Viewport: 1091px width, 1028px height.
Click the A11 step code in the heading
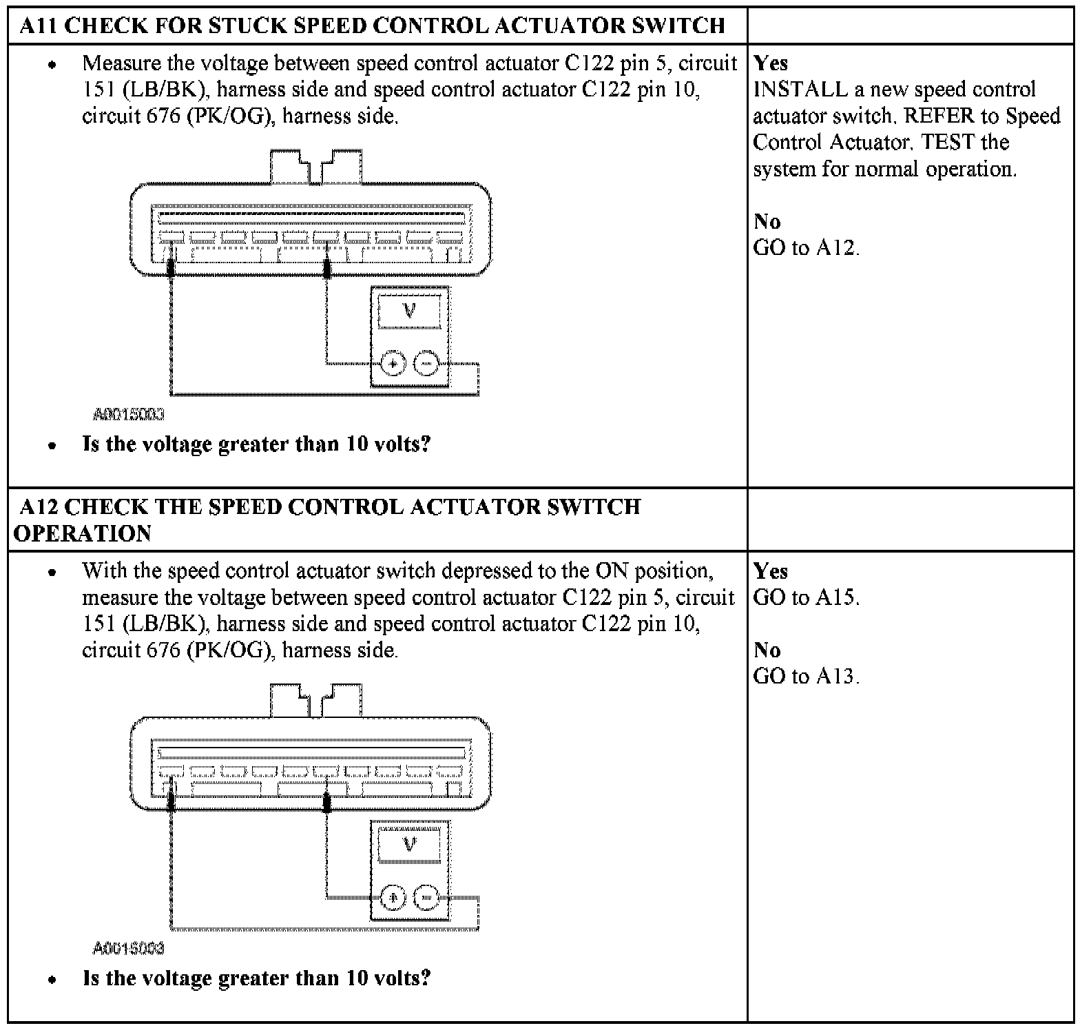[x=38, y=26]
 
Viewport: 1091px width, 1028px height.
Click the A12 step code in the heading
[x=38, y=507]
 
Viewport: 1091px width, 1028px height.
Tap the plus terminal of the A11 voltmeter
[x=393, y=363]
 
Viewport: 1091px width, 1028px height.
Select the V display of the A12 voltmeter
[x=409, y=845]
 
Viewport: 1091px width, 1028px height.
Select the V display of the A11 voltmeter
[x=409, y=311]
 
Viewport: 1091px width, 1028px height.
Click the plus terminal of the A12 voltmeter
[x=393, y=898]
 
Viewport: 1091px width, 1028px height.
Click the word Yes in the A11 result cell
[x=771, y=63]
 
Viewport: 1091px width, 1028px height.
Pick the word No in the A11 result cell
[x=767, y=221]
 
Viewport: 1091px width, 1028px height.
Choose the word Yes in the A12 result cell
[x=771, y=571]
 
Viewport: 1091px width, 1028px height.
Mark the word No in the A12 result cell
[x=767, y=650]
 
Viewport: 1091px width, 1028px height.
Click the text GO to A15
[x=806, y=597]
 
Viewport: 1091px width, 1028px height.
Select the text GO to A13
[x=806, y=676]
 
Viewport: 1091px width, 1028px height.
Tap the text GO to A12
[x=806, y=247]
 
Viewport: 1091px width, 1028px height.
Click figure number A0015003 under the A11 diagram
[x=129, y=415]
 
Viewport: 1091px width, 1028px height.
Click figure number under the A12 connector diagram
[x=129, y=949]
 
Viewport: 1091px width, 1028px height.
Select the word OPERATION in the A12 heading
[x=83, y=534]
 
